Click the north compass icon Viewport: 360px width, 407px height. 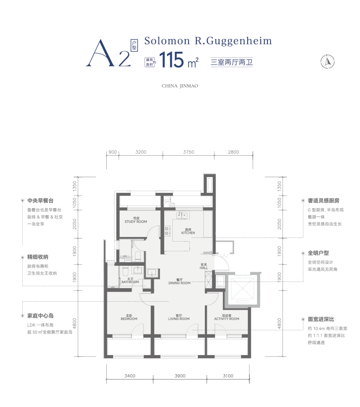point(327,61)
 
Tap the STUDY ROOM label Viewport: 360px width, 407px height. point(136,222)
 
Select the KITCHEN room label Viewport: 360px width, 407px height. point(188,233)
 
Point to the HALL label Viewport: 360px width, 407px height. point(204,268)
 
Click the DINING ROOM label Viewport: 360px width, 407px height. point(179,283)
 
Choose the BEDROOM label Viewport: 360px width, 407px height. point(129,319)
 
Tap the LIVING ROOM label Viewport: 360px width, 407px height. point(179,319)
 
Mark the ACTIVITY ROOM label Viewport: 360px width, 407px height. point(226,319)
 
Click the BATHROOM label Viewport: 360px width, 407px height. point(130,282)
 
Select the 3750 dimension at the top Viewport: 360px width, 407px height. point(189,152)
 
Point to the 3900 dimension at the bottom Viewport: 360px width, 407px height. point(180,376)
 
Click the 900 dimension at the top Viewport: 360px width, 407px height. point(113,152)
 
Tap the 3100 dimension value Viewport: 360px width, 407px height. point(228,376)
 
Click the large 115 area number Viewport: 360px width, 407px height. point(171,59)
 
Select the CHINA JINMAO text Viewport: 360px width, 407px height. point(180,86)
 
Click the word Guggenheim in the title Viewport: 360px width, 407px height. point(239,41)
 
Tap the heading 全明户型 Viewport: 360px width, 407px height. point(318,253)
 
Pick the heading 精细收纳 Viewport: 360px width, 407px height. point(38,257)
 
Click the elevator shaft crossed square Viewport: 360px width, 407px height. point(242,289)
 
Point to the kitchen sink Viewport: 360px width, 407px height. point(182,216)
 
